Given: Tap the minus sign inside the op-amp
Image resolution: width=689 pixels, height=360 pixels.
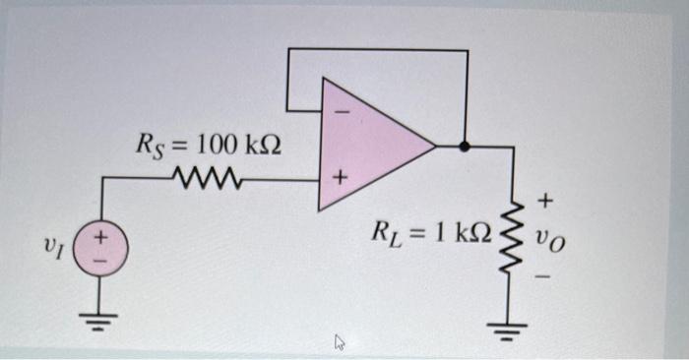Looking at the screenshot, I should click(342, 114).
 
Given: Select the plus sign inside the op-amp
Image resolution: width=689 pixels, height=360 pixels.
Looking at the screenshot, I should click(340, 180).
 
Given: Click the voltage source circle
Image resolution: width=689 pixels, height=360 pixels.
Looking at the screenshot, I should click(101, 242).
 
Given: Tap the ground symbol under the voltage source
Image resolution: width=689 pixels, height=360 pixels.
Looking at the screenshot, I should click(101, 318).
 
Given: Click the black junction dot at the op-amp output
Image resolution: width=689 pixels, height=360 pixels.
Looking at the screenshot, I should click(467, 147).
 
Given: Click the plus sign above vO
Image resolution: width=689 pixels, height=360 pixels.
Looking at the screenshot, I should click(547, 202).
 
